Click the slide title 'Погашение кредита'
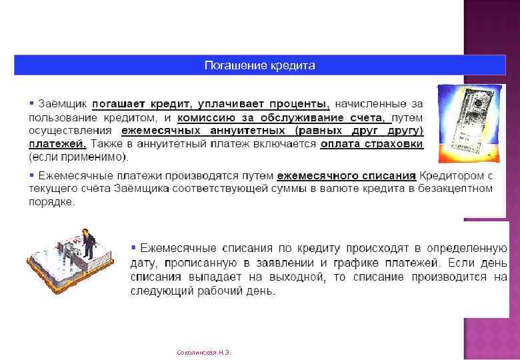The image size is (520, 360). click(259, 65)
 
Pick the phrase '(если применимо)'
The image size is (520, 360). click(79, 157)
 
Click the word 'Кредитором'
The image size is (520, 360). click(453, 176)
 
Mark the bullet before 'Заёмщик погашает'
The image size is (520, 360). click(31, 104)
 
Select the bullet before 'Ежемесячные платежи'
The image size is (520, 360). click(31, 175)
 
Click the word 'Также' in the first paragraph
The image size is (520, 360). click(107, 143)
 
